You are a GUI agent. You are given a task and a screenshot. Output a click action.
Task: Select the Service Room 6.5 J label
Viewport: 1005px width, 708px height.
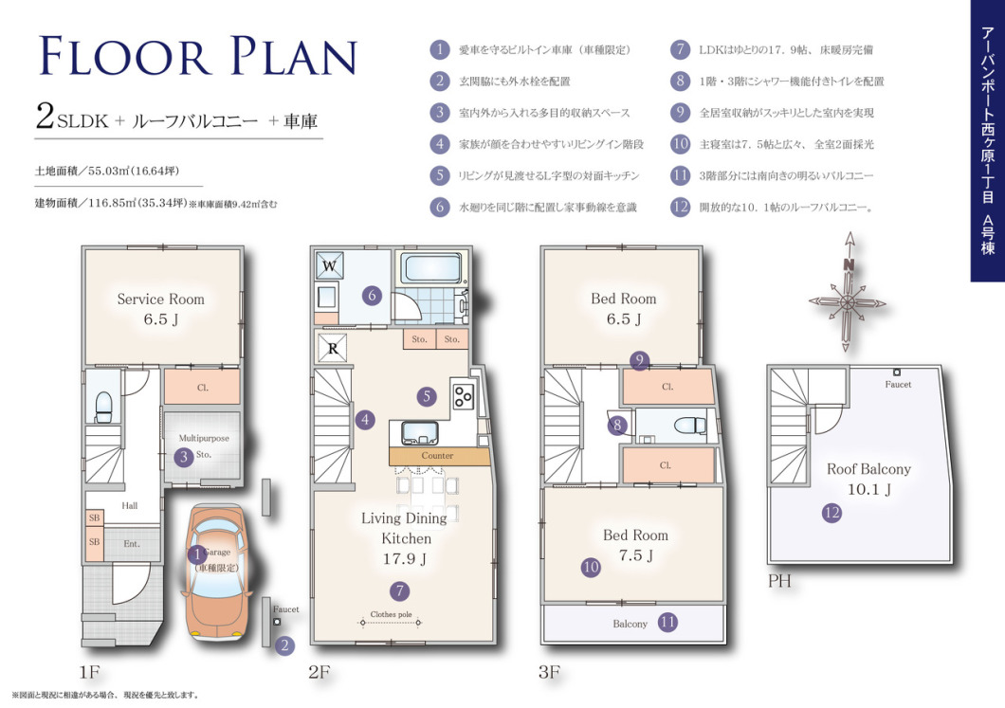(161, 309)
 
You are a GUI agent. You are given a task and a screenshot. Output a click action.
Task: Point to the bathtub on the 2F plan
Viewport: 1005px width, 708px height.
(431, 268)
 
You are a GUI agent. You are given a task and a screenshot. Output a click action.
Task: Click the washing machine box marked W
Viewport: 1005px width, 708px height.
(329, 265)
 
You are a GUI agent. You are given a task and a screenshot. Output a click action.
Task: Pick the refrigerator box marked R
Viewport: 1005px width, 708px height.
(333, 349)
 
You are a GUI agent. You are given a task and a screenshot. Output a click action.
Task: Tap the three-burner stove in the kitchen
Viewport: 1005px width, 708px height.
(462, 393)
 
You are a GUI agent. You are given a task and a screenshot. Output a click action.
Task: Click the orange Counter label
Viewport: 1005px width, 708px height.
(438, 456)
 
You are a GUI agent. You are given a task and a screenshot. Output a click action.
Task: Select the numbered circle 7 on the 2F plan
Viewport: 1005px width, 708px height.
(399, 590)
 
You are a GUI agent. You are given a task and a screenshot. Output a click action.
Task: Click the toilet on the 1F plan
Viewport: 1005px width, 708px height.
(103, 408)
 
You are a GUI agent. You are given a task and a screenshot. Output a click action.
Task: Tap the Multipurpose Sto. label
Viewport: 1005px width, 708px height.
(203, 446)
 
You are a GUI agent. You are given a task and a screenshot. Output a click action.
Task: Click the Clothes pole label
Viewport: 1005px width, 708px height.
(391, 614)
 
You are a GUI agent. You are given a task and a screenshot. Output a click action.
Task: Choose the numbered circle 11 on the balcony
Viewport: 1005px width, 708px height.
(667, 622)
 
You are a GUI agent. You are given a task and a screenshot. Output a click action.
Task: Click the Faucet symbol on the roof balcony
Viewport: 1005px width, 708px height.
(897, 372)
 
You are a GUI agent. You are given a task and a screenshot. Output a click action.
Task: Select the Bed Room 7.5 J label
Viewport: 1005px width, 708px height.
(635, 545)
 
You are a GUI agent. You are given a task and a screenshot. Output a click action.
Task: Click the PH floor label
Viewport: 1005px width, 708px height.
(779, 581)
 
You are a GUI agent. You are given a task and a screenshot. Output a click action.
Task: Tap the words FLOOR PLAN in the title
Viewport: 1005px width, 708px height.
(197, 56)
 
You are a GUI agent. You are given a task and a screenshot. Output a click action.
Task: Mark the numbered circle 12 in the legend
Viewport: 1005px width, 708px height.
(680, 207)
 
